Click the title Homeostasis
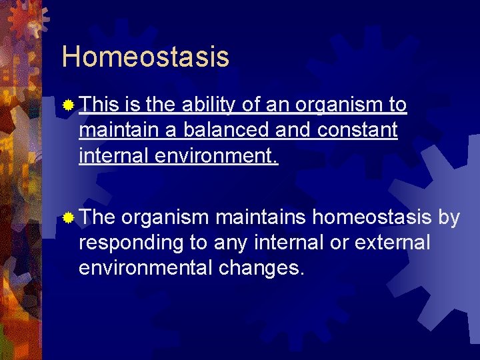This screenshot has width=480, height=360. click(145, 57)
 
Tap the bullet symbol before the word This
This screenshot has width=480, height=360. click(68, 105)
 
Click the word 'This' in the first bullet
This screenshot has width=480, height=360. click(100, 105)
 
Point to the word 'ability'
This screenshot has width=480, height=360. click(207, 105)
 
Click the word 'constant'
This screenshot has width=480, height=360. click(357, 130)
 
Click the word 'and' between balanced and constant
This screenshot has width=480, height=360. click(293, 130)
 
